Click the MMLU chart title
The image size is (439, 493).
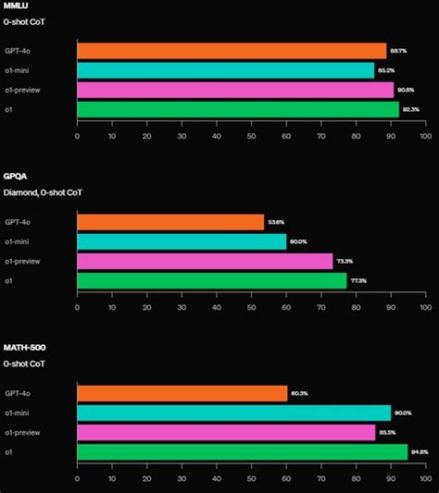pyautogui.click(x=15, y=6)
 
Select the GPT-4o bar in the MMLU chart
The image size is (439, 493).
pyautogui.click(x=232, y=51)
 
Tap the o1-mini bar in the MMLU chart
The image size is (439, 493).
pyautogui.click(x=225, y=70)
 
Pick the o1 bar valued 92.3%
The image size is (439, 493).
pyautogui.click(x=238, y=109)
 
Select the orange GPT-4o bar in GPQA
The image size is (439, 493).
pyautogui.click(x=170, y=222)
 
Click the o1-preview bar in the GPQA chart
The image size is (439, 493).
pyautogui.click(x=205, y=261)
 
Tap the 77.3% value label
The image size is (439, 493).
pyautogui.click(x=359, y=280)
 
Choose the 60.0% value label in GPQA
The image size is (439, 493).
pyautogui.click(x=299, y=241)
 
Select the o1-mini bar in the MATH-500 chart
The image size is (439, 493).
pyautogui.click(x=233, y=413)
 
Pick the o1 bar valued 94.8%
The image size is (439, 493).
pyautogui.click(x=242, y=451)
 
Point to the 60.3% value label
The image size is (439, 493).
pyautogui.click(x=300, y=393)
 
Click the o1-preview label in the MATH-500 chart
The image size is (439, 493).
pyautogui.click(x=21, y=432)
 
